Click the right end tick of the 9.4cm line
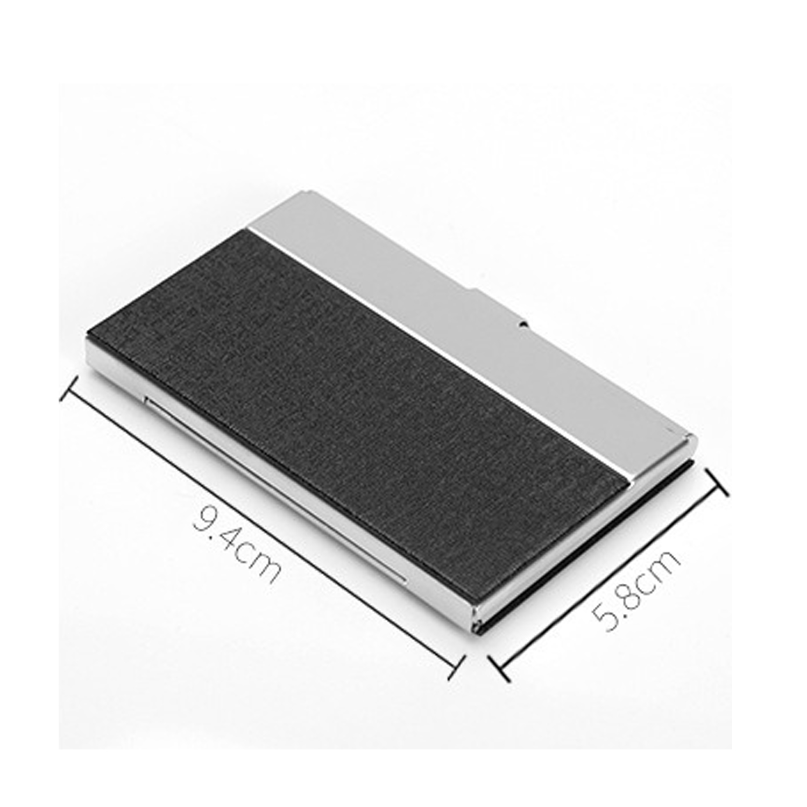click(456, 668)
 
